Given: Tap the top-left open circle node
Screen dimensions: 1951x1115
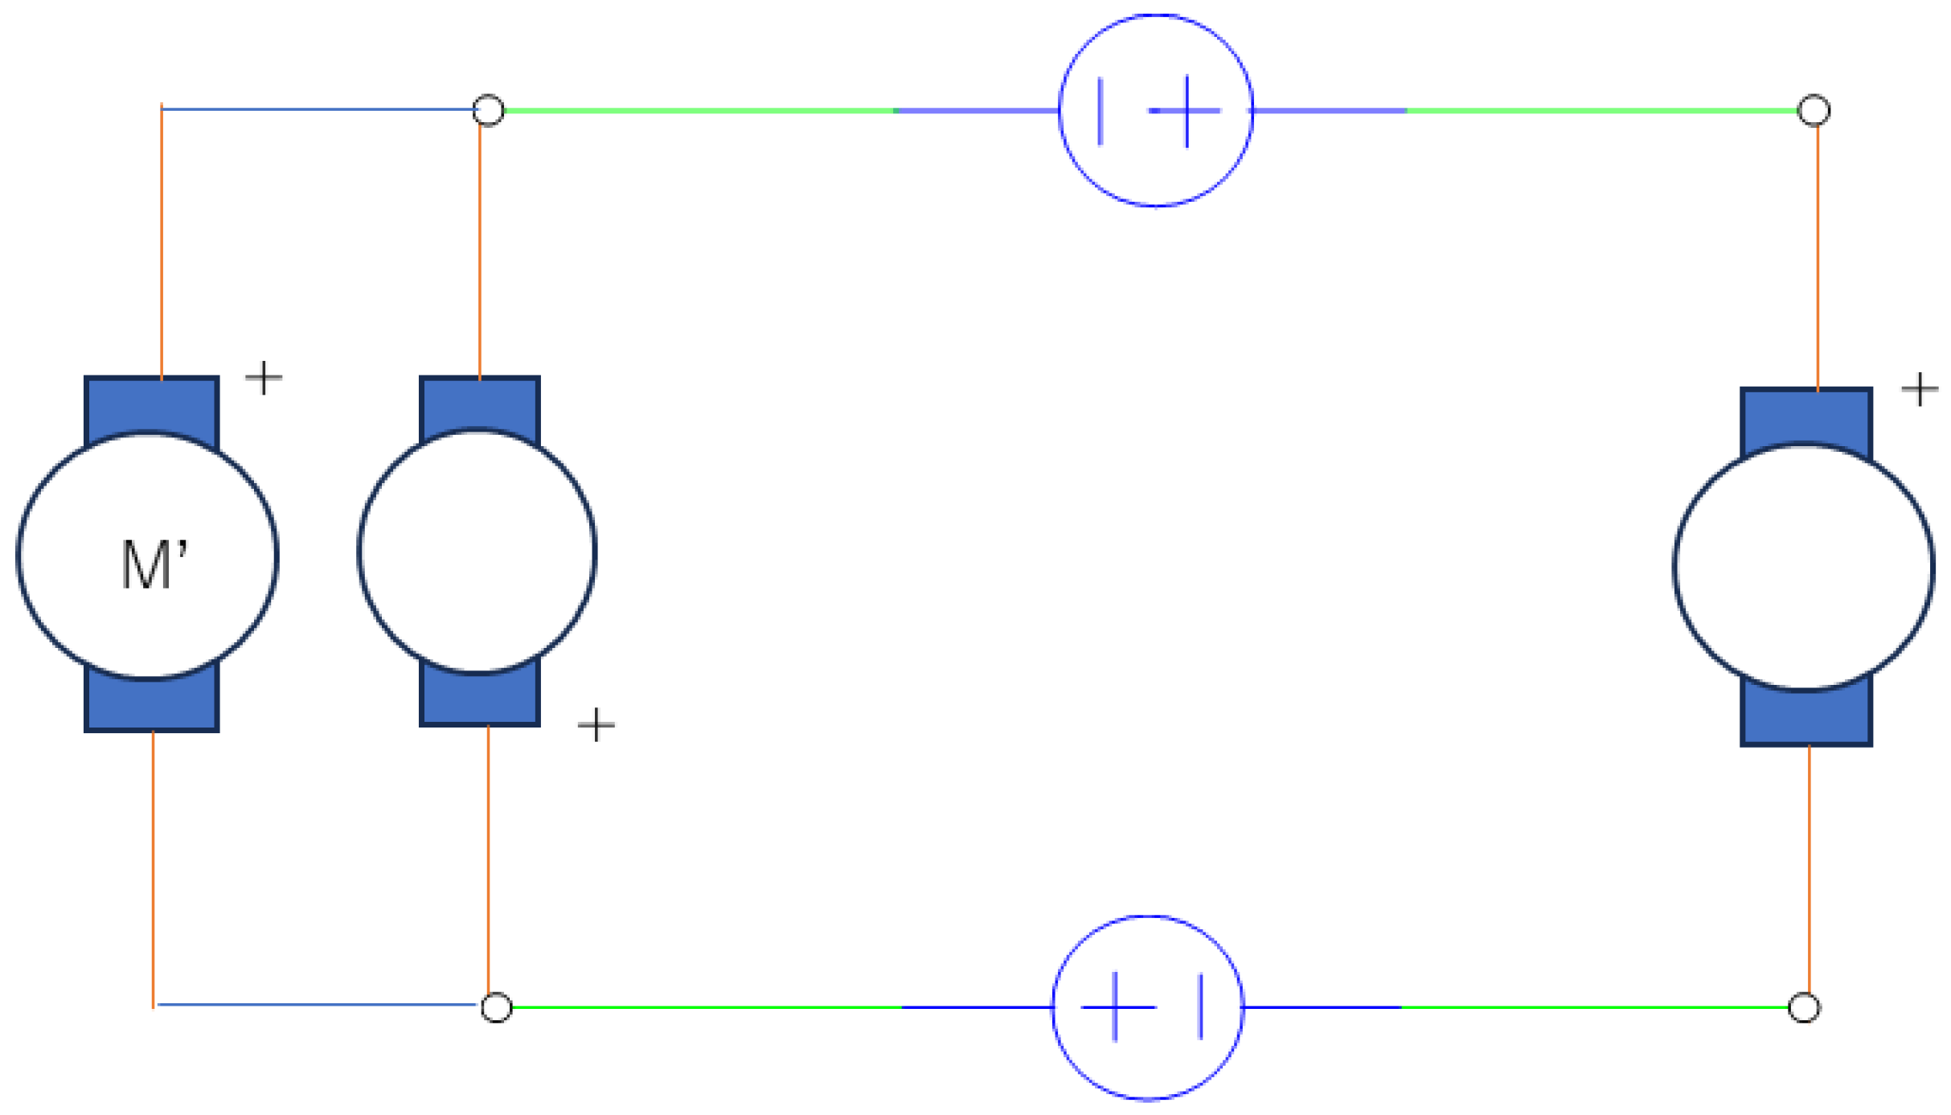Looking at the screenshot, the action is [488, 110].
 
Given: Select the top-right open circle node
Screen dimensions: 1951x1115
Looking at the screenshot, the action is [1814, 110].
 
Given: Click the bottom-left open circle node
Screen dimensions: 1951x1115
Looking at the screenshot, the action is [496, 1007].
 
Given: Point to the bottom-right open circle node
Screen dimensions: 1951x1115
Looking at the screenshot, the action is [1805, 1007].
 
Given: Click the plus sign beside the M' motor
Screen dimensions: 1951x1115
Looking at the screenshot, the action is [264, 377].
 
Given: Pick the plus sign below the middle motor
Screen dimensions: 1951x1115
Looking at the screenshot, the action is [596, 725].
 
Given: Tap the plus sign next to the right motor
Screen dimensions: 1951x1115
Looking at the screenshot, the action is [1920, 389].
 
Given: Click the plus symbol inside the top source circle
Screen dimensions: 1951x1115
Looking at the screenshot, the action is [1186, 111].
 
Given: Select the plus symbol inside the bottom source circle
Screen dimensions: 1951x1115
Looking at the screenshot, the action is [1116, 1006].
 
